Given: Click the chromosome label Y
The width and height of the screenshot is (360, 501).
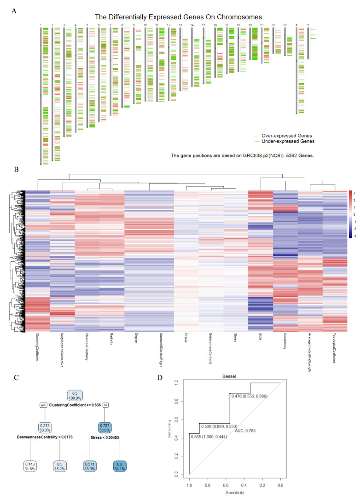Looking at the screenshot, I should pyautogui.click(x=308, y=25).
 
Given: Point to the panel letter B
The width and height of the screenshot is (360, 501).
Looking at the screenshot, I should pyautogui.click(x=17, y=169).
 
